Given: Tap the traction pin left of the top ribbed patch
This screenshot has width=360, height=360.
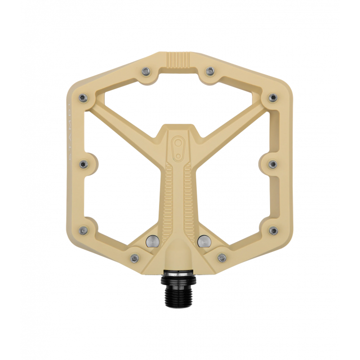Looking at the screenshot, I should tap(145, 71).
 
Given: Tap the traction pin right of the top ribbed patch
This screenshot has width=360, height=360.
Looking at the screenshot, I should tap(210, 71).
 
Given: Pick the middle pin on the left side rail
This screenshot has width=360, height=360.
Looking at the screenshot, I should tap(83, 164).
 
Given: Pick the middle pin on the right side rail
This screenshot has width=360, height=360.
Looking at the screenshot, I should tap(273, 164).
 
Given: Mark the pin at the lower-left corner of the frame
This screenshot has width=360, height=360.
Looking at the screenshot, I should tap(83, 231).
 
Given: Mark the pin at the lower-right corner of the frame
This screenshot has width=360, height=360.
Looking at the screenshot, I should tap(273, 231).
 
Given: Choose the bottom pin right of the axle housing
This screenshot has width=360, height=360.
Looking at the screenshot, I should tap(221, 258).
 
